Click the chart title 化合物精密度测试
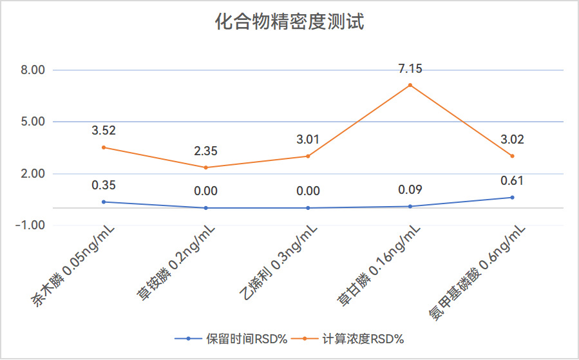click(289, 23)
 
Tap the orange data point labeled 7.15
click(410, 85)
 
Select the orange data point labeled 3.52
click(104, 147)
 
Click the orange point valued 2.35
click(206, 167)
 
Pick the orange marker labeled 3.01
click(308, 156)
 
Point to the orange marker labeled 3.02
click(512, 156)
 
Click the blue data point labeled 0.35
click(104, 202)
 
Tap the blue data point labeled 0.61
click(512, 197)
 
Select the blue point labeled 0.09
click(410, 206)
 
